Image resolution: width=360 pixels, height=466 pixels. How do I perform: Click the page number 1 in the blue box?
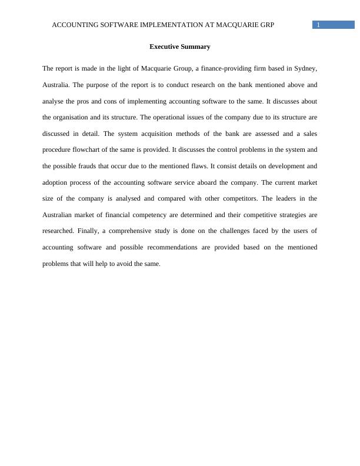tap(318, 25)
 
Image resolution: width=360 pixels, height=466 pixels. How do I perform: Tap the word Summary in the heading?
tap(196, 46)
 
